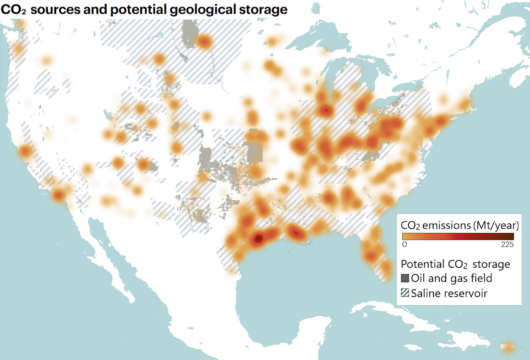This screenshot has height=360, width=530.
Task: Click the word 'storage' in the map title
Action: click(x=263, y=10)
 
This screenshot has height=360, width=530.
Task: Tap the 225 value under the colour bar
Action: click(x=507, y=244)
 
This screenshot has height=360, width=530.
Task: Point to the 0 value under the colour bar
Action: click(x=404, y=244)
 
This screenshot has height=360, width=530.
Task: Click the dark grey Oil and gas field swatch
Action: click(x=405, y=278)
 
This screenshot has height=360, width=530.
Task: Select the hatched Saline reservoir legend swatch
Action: click(x=405, y=293)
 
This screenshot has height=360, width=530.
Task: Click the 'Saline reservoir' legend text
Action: click(x=449, y=293)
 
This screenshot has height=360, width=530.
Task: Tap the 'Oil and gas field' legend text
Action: click(x=451, y=278)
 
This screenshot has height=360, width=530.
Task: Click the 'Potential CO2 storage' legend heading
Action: click(x=455, y=264)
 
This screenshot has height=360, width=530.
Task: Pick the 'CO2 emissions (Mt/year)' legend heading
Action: click(x=460, y=226)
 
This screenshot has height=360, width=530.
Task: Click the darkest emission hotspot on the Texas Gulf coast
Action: click(x=258, y=239)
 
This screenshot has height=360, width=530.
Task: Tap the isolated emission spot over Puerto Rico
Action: click(x=508, y=347)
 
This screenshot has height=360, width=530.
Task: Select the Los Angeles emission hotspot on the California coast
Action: click(x=59, y=195)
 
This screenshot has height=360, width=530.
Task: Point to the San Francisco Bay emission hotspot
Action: click(x=25, y=151)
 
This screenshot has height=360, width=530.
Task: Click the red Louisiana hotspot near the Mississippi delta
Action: click(x=295, y=233)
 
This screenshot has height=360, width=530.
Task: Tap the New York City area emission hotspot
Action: click(x=441, y=121)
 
